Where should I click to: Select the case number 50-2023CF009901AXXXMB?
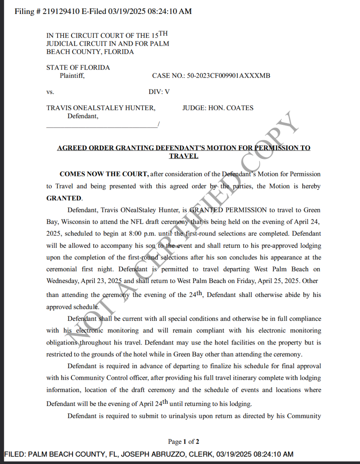[228, 76]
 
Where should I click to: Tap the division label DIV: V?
[159, 92]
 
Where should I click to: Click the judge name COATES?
[239, 108]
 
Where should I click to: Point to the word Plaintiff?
[72, 76]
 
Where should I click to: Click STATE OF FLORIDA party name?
[78, 67]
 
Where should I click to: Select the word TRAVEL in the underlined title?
[183, 156]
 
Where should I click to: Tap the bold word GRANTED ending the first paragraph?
[64, 198]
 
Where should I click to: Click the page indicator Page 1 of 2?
[183, 442]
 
